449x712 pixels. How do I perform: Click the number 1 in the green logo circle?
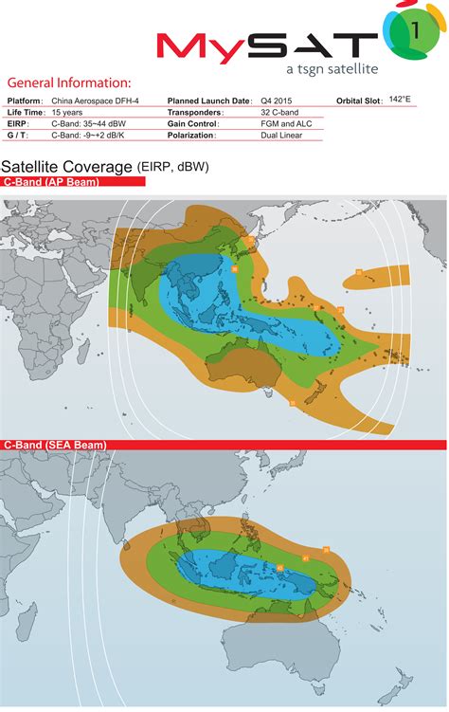[x=417, y=31]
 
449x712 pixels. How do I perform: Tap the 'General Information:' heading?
[x=69, y=84]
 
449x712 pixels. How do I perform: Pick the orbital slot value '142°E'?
[x=402, y=100]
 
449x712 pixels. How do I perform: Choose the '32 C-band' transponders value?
[x=280, y=112]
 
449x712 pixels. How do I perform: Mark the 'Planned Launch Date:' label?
[x=209, y=100]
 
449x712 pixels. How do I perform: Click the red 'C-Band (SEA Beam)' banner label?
[x=53, y=446]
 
